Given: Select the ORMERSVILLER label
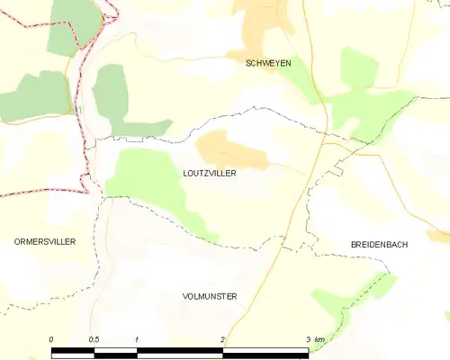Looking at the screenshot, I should (45, 242).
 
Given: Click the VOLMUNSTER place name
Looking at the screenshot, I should (209, 295).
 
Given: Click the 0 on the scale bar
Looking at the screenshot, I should (51, 338).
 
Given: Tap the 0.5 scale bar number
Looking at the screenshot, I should (94, 338).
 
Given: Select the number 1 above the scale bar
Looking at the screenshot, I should (136, 338).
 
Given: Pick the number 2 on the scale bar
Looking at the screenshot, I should (221, 338).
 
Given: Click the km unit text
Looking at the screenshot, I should (319, 338).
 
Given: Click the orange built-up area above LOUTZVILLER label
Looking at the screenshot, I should (231, 149).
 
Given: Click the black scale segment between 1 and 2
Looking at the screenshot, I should (179, 352).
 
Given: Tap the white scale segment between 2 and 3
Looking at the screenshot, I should (265, 352).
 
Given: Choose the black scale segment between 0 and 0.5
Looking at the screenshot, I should (73, 352).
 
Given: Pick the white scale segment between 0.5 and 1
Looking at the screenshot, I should (115, 352).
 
